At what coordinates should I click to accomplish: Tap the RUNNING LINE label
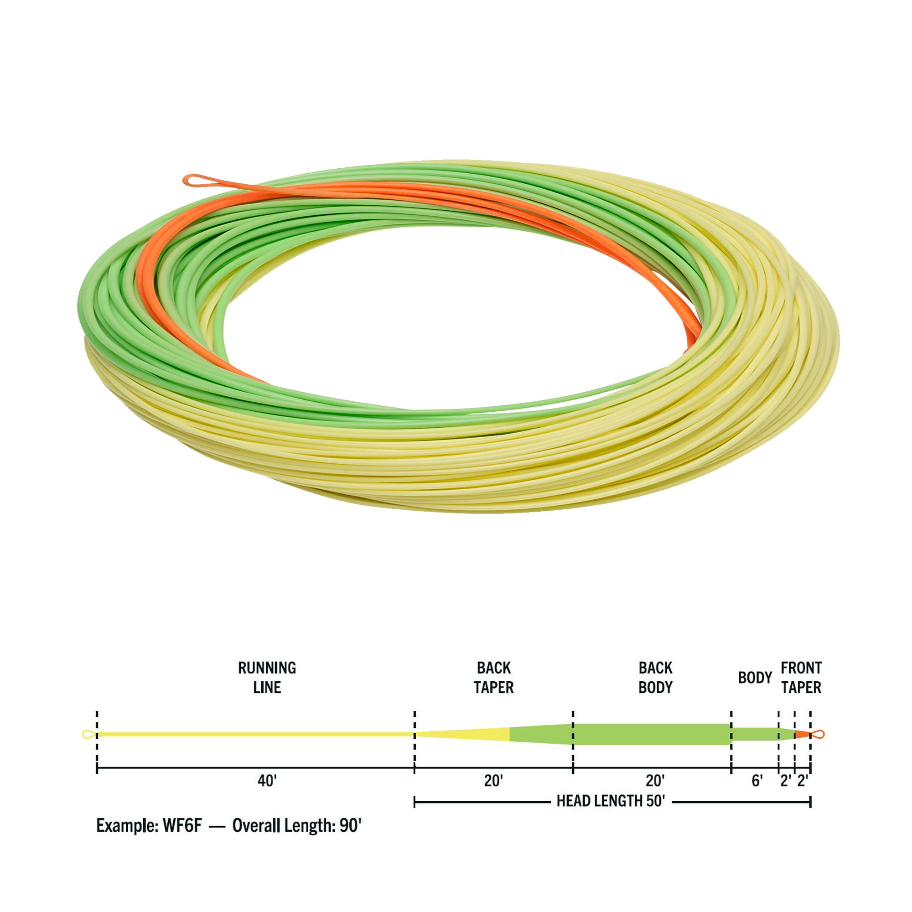(267, 678)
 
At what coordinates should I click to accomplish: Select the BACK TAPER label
(493, 678)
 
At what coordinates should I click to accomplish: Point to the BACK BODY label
(655, 678)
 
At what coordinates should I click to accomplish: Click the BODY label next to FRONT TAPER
(755, 678)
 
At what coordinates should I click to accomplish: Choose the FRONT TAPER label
(801, 678)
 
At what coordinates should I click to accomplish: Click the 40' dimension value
(267, 781)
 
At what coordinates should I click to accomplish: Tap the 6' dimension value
(757, 781)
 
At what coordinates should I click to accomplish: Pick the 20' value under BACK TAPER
(493, 781)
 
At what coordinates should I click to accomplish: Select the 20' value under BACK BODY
(655, 781)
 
